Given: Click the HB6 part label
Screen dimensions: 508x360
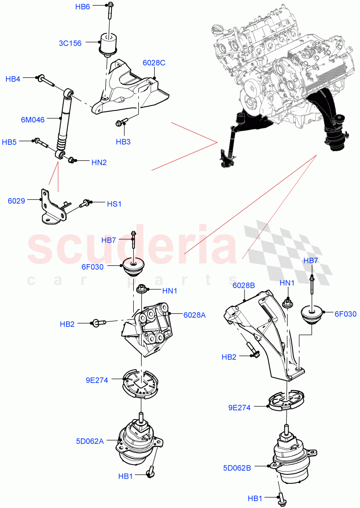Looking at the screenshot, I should tap(82, 6).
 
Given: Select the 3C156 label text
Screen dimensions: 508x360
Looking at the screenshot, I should tap(70, 43).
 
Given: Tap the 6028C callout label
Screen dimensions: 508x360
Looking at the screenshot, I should tap(154, 63).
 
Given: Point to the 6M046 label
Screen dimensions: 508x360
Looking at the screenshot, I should tap(33, 120).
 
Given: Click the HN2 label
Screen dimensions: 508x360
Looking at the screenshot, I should tap(99, 162).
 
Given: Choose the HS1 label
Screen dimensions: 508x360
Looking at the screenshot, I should tap(114, 204).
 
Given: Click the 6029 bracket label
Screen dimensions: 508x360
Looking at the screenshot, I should tap(17, 201).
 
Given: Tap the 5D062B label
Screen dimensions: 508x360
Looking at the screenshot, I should tap(237, 468).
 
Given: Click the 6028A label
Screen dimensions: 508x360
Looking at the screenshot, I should tap(194, 315).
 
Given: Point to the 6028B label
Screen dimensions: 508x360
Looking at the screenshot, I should tap(244, 286).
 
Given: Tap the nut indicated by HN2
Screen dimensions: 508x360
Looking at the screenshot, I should tap(72, 160).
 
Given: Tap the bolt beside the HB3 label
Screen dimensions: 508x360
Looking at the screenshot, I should tap(119, 123).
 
